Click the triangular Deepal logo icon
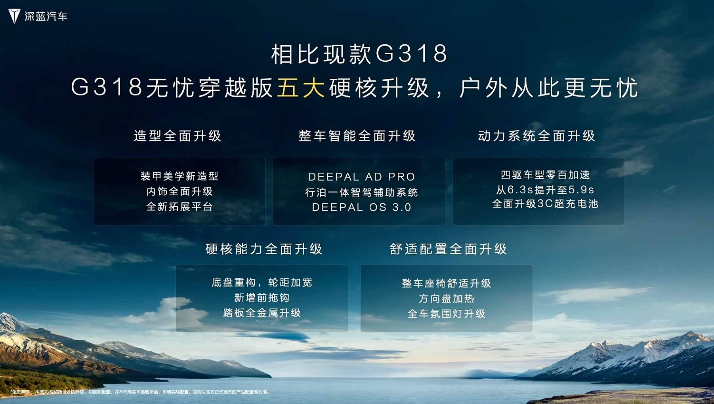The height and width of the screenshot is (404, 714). [14, 16]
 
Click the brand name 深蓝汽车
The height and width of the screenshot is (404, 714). [46, 16]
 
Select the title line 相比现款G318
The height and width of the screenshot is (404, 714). [359, 54]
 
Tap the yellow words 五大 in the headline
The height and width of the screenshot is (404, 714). [301, 88]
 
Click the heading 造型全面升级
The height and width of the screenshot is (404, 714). [178, 136]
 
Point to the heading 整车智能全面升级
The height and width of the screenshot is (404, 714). [357, 136]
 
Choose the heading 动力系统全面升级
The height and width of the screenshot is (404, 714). [536, 136]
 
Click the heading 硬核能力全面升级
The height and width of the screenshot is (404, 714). [264, 249]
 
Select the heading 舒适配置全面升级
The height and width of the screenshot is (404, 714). [449, 249]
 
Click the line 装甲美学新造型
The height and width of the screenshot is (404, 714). [179, 176]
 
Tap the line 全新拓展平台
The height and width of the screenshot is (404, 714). [179, 206]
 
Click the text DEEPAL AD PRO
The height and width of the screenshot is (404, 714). [361, 177]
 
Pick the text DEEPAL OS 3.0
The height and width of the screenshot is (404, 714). [361, 207]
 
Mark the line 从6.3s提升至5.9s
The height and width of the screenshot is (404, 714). [545, 190]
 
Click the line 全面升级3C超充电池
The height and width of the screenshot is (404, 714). [545, 204]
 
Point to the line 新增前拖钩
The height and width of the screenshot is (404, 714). [262, 297]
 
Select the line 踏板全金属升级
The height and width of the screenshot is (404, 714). [262, 313]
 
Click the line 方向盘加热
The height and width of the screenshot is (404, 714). [447, 298]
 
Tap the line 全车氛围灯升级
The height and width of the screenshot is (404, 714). [447, 314]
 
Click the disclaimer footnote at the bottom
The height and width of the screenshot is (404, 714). [140, 392]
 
